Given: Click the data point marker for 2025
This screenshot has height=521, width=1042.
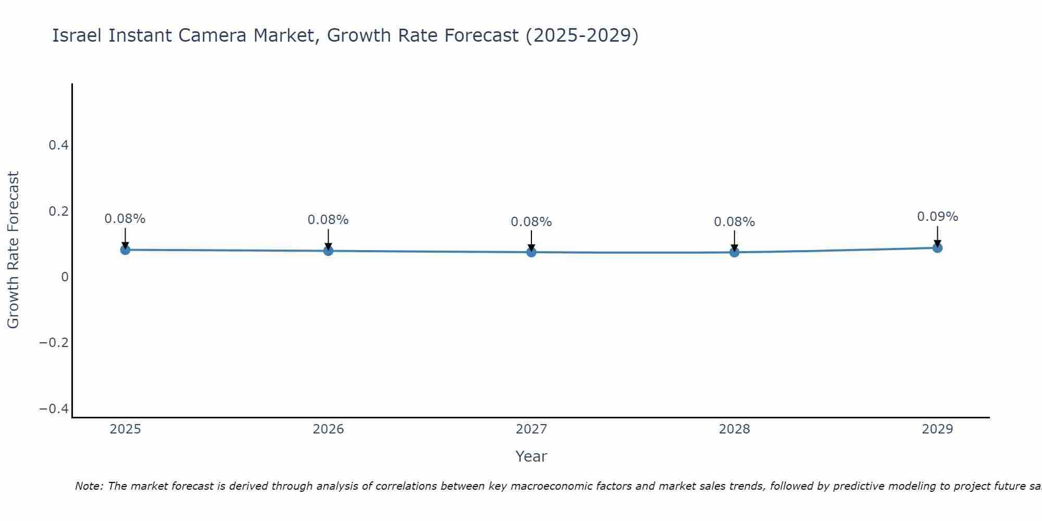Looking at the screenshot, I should point(125,250).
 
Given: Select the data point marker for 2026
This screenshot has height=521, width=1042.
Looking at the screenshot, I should point(328,251).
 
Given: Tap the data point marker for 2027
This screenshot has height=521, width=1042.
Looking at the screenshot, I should point(531,252).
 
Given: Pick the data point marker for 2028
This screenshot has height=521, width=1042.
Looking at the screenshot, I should point(735,252).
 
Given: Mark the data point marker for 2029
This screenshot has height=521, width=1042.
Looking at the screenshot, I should point(937,247).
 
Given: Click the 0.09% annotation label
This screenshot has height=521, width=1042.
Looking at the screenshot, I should point(937,217).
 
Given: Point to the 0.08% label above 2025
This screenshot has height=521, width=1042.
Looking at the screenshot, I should point(125,219).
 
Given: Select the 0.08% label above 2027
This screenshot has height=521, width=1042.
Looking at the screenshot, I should point(531,222).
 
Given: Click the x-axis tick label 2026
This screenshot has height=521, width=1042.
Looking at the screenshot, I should point(328,429).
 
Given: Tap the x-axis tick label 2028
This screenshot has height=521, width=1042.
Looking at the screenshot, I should point(735,429).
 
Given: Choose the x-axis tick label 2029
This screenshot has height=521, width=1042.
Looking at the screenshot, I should point(937,429).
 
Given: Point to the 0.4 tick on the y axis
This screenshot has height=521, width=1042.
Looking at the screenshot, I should point(59,145).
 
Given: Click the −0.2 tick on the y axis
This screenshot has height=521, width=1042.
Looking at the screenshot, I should point(54,343).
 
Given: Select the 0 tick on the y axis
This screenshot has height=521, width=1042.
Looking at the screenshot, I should point(65,277).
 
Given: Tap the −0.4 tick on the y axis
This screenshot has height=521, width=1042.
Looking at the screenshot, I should point(54,409).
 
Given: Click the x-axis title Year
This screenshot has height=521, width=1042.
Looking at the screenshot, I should point(531,456).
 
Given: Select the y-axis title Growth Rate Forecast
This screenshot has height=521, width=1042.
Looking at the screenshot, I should point(13,250).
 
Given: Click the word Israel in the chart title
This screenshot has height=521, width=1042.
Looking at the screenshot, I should point(78,35).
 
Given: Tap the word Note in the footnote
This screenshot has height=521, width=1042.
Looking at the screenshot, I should point(89,486).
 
